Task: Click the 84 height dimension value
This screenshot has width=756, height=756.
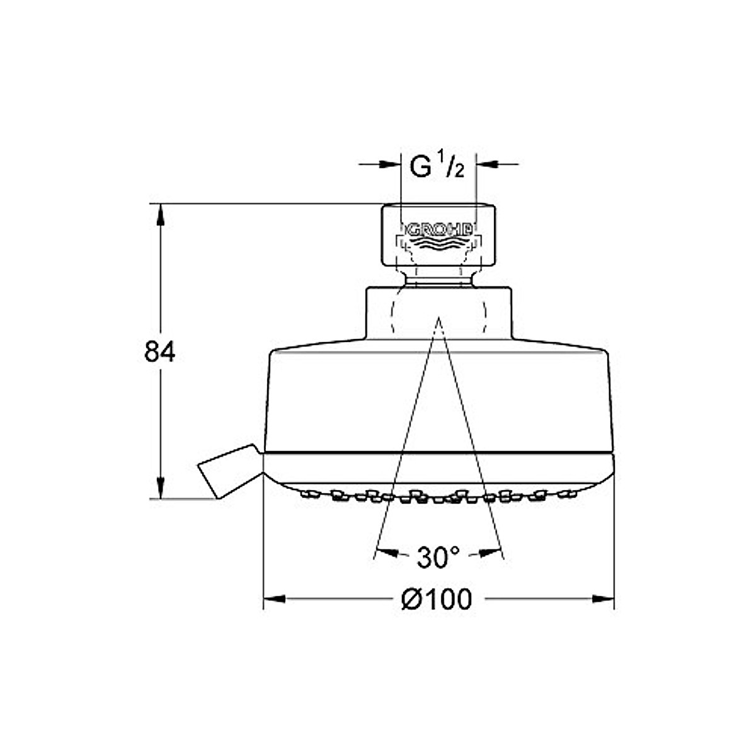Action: [x=159, y=352]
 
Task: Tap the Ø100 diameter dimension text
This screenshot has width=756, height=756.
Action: [x=437, y=600]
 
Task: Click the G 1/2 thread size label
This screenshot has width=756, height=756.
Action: [x=437, y=165]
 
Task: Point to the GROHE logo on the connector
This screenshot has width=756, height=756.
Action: [x=438, y=229]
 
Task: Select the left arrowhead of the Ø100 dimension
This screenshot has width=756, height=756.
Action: [x=274, y=599]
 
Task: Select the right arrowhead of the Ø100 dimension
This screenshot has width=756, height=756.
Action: [x=603, y=599]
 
